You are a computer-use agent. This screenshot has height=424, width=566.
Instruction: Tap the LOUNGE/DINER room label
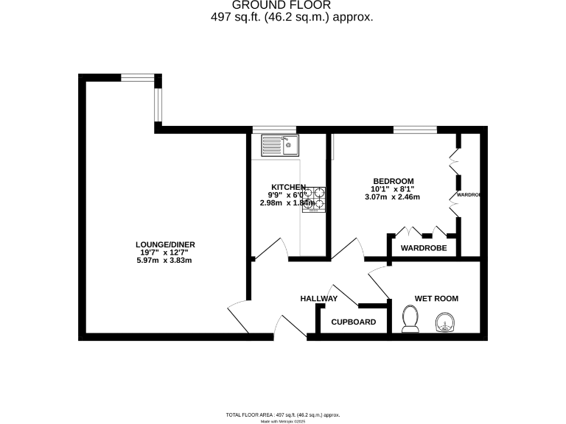pyautogui.click(x=165, y=244)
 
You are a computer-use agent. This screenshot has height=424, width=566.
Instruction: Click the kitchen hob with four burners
pyautogui.click(x=314, y=198)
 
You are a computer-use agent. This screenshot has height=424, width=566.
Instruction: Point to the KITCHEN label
pyautogui.click(x=288, y=186)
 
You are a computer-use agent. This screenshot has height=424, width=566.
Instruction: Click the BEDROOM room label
pyautogui.click(x=393, y=181)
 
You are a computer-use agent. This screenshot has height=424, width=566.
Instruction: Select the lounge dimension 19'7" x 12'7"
pyautogui.click(x=165, y=252)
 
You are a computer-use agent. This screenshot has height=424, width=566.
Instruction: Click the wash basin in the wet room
pyautogui.click(x=445, y=322)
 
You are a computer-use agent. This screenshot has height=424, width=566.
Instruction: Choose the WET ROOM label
pyautogui.click(x=436, y=298)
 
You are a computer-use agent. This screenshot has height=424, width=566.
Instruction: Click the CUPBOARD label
pyautogui.click(x=353, y=322)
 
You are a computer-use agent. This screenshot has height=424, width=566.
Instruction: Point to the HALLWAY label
pyautogui.click(x=318, y=298)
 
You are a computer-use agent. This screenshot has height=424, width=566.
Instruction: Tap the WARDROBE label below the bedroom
pyautogui.click(x=424, y=248)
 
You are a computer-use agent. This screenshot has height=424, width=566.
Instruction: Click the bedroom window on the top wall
pyautogui.click(x=413, y=130)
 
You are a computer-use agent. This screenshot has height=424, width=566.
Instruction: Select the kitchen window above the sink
pyautogui.click(x=274, y=130)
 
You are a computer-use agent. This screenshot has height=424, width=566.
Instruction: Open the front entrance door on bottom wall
pyautogui.click(x=289, y=327)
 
